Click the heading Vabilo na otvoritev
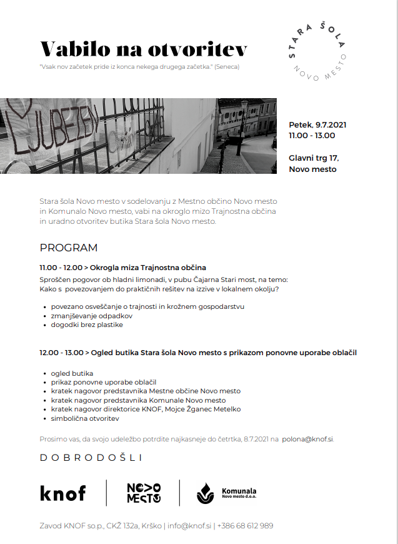coord(143,49)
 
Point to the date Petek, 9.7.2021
coord(317,124)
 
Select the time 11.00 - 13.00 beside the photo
coord(311,135)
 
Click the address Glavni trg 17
coord(314,158)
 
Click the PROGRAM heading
coord(69,248)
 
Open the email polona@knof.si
coord(307,439)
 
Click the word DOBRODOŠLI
coord(91,458)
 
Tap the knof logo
coord(62,493)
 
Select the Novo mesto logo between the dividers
coord(144,493)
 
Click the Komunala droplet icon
coord(205,493)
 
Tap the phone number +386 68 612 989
coord(245,526)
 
